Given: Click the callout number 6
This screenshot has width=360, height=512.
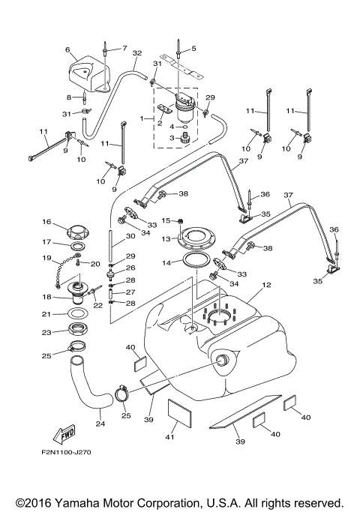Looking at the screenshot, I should tap(68, 50).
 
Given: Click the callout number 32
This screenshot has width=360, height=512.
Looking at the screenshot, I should tap(136, 54).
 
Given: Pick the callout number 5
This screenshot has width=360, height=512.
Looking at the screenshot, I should tap(193, 49).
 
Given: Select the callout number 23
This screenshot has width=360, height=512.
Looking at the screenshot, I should tap(46, 332).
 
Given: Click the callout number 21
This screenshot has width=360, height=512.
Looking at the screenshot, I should tap(46, 314).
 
